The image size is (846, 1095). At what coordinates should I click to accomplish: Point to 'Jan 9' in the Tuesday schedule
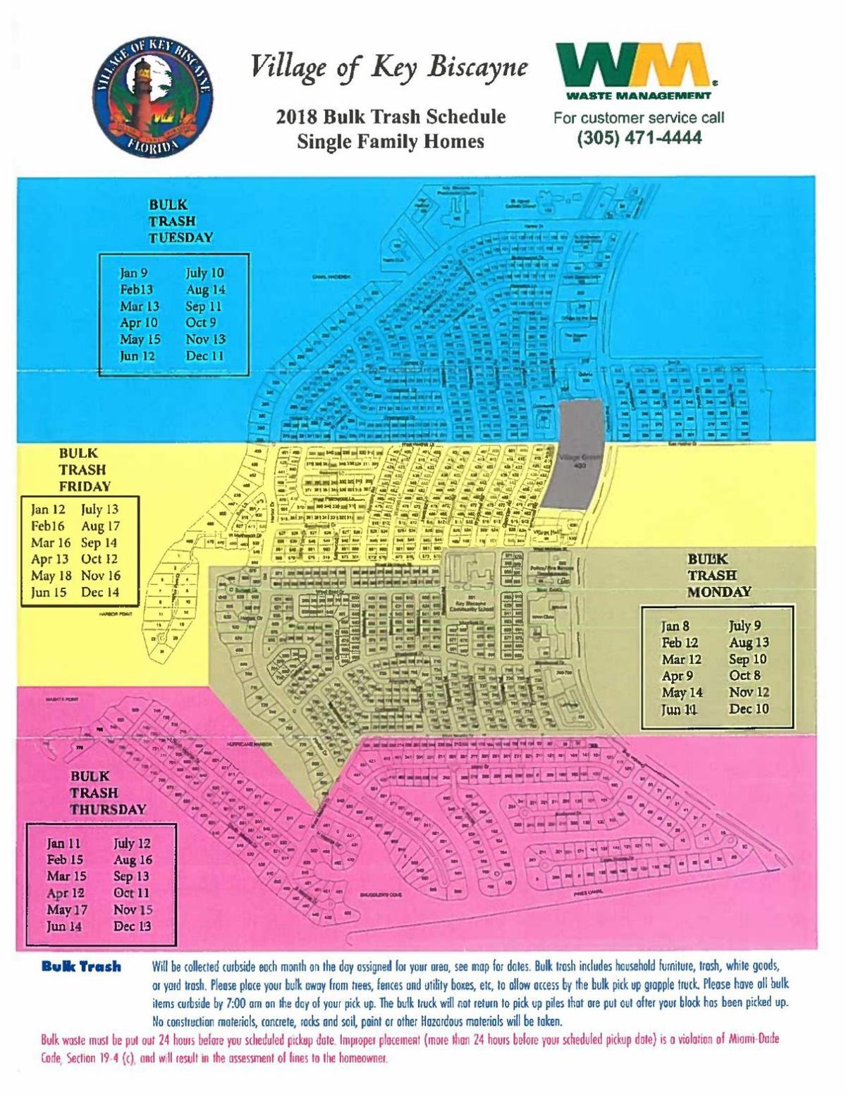pos(134,273)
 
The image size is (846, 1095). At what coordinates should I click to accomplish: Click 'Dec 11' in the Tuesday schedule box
pos(205,356)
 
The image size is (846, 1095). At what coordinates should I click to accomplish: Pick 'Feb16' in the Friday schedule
pos(47,526)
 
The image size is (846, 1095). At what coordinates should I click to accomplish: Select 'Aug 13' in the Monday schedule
pos(749,643)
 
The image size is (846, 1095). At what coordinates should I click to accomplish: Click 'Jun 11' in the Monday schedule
pos(679,710)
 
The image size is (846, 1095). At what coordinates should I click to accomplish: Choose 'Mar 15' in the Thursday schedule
pos(66,877)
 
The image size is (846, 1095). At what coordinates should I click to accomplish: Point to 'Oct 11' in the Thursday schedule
pos(131,893)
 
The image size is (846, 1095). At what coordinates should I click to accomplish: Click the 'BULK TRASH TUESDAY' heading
pos(180,221)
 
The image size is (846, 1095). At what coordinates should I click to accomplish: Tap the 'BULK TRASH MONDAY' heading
pos(719,575)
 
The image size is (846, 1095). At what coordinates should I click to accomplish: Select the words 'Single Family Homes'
pos(391,142)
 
